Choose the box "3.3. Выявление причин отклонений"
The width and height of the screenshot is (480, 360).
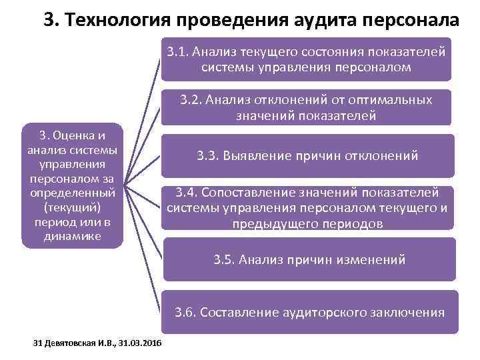click(x=307, y=156)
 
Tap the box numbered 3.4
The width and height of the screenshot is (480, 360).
click(x=307, y=208)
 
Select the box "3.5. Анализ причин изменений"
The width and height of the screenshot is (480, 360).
click(x=307, y=259)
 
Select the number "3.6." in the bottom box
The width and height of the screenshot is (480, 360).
click(x=186, y=311)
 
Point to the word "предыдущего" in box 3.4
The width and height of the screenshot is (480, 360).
click(x=273, y=224)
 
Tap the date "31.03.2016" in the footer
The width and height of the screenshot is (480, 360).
click(x=143, y=343)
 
